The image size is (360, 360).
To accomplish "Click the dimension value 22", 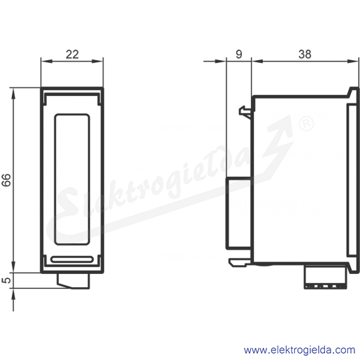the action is (x=72, y=55).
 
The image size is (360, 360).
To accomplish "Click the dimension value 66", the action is (x=6, y=180).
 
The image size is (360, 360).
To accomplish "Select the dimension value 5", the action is (x=7, y=280).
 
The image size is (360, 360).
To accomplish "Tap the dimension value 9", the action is (x=239, y=55).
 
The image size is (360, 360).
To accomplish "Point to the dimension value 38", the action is (x=305, y=55).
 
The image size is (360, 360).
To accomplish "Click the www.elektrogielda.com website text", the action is (x=299, y=350).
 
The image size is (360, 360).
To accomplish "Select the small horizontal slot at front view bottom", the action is (x=72, y=259).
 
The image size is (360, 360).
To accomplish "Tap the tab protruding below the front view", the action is (x=73, y=281).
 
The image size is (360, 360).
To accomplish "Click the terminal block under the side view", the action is (x=325, y=278).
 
